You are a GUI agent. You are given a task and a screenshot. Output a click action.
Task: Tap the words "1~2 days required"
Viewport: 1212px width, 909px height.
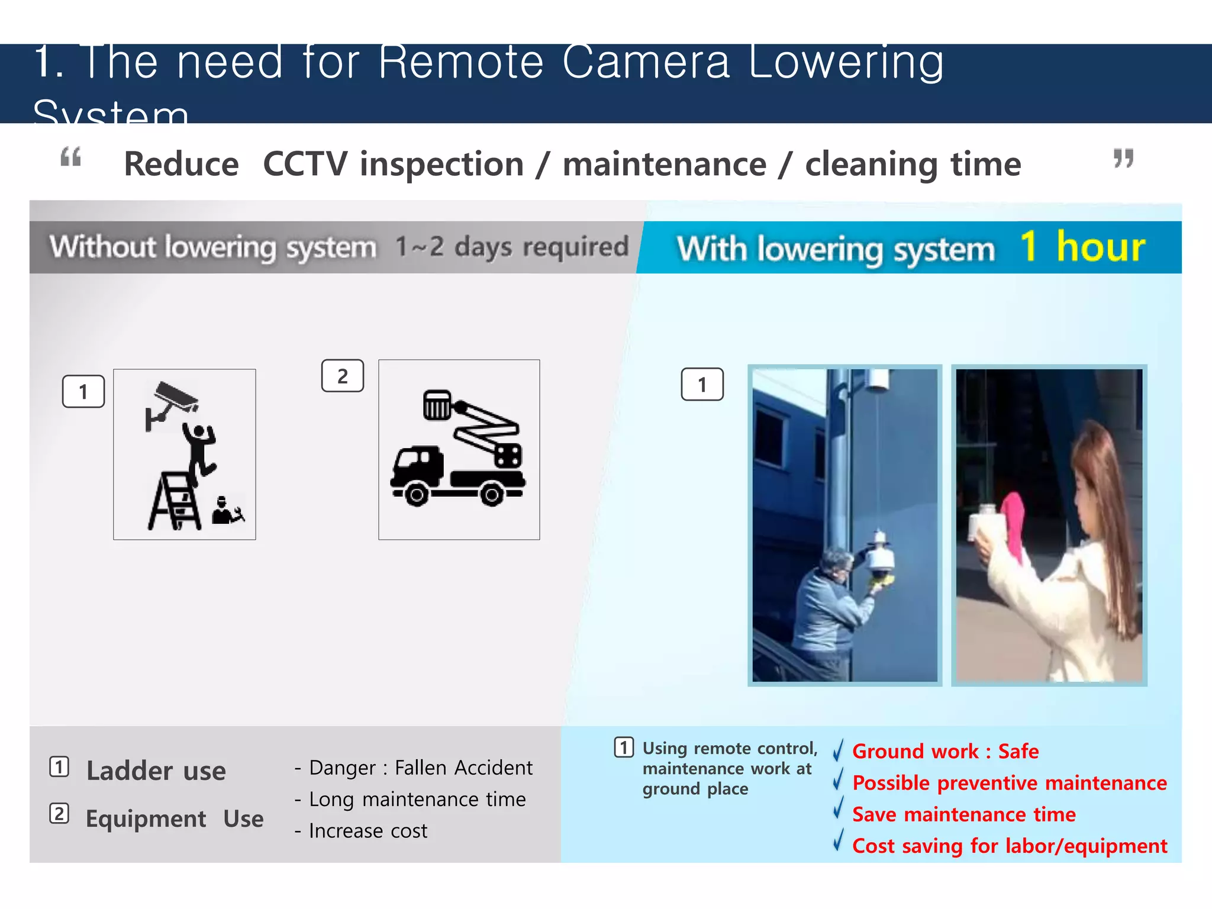coord(512,246)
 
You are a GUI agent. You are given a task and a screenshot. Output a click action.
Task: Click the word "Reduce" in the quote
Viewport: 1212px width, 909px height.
coord(181,164)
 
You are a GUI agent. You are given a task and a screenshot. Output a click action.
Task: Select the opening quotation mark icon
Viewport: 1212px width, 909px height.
coord(71,157)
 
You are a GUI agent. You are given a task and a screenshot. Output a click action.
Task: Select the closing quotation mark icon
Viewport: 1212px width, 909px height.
coord(1123,158)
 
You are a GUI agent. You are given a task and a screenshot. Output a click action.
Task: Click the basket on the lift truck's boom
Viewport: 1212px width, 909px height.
coord(437,405)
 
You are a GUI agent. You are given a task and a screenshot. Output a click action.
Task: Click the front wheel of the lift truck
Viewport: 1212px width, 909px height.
coord(416,494)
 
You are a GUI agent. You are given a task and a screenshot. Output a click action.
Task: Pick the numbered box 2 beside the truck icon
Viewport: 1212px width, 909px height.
coord(342,376)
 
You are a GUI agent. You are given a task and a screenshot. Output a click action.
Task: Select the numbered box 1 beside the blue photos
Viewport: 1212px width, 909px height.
coord(702,385)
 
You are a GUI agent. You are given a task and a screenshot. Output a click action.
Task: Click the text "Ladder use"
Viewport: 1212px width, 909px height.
coord(156,771)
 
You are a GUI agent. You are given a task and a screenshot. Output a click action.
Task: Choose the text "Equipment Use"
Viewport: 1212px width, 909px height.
coord(175,818)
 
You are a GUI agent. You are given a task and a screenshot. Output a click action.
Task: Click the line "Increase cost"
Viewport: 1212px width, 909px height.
coord(368,831)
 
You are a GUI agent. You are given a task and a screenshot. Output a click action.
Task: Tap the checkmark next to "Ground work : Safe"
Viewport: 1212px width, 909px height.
coord(838,750)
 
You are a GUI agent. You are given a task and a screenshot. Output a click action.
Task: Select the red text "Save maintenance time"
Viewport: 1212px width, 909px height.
coord(963,814)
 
